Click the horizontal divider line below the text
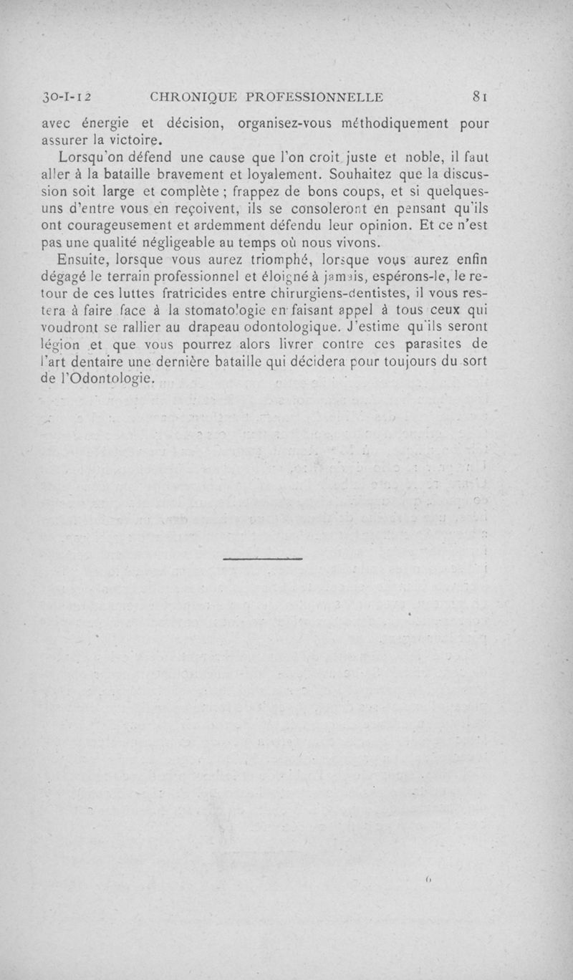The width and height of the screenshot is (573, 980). click(262, 557)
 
